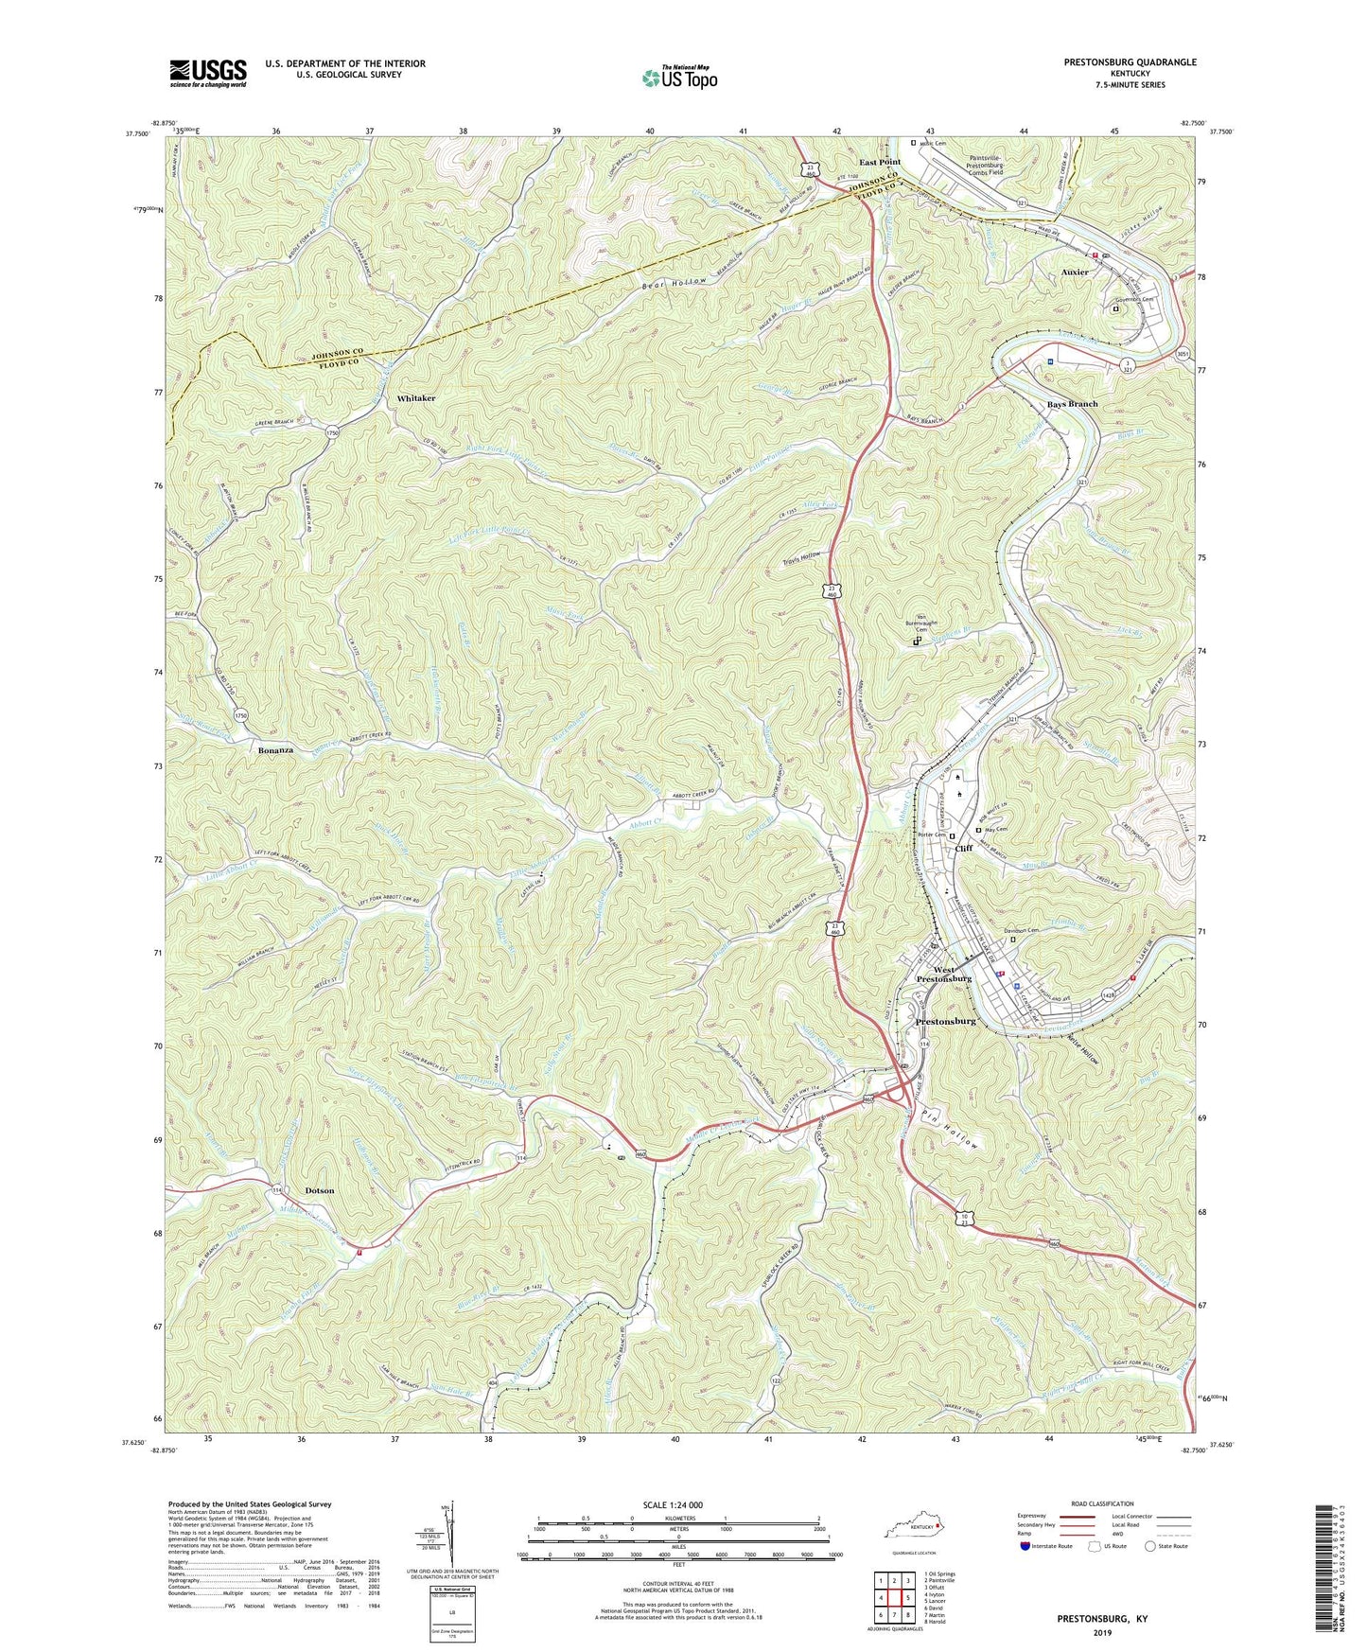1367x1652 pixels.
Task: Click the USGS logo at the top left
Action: pos(208,73)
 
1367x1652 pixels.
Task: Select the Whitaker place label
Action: pos(416,398)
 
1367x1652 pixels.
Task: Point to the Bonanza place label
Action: pos(275,750)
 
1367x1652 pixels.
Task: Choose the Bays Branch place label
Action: pos(1072,404)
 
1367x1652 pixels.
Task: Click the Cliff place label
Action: pos(964,848)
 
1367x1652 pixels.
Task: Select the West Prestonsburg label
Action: pos(939,975)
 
